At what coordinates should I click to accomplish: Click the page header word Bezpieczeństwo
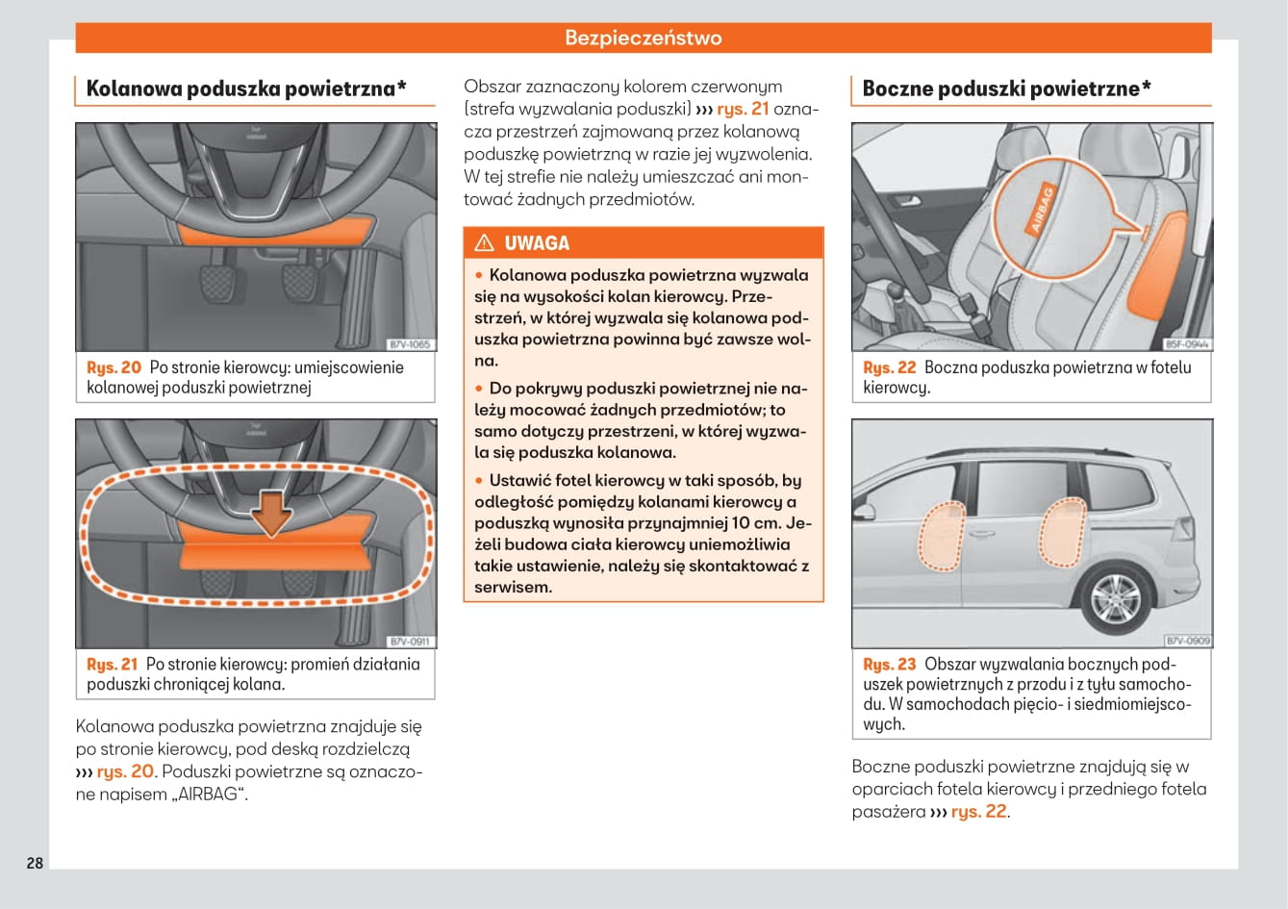coord(643,38)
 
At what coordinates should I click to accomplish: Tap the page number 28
coord(35,862)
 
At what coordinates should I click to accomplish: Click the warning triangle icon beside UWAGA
coord(484,243)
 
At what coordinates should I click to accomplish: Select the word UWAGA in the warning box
coord(537,243)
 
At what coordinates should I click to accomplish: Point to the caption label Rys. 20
coord(114,367)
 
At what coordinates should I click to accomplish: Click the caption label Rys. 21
coord(113,664)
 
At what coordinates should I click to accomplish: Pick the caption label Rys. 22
coord(890,367)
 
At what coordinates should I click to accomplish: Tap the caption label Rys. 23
coord(890,664)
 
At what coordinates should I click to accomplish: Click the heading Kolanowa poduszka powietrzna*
coord(246,88)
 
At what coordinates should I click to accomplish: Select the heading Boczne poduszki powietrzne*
coord(1006,88)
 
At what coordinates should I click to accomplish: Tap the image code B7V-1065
coord(410,344)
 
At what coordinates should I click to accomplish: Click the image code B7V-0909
coord(1187,641)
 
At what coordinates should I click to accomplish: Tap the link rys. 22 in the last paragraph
coord(978,811)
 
